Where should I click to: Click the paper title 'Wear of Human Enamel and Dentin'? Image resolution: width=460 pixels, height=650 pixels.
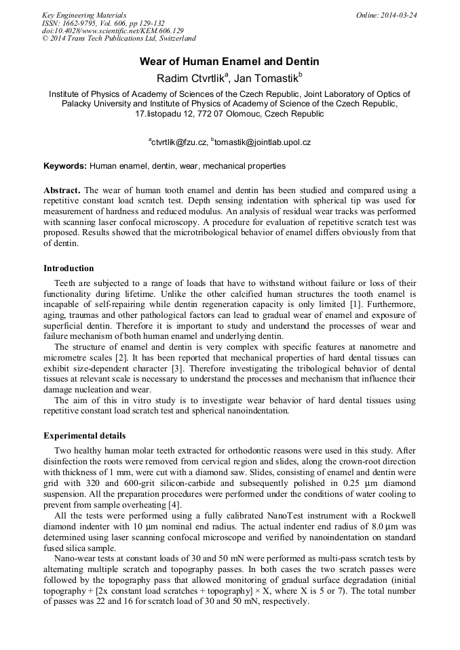tap(229, 62)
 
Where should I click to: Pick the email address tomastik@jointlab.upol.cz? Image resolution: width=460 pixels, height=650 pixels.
tap(262, 142)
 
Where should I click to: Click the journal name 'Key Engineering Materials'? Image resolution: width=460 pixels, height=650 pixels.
tap(84, 15)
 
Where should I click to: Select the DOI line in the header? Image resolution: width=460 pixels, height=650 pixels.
tap(113, 31)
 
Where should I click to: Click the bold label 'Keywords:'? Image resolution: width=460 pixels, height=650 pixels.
tap(65, 166)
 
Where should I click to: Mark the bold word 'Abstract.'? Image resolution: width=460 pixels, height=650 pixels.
tap(62, 190)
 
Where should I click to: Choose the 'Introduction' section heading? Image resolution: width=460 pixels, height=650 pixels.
tap(69, 268)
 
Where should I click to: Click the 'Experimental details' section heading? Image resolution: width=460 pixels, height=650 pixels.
tap(84, 435)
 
